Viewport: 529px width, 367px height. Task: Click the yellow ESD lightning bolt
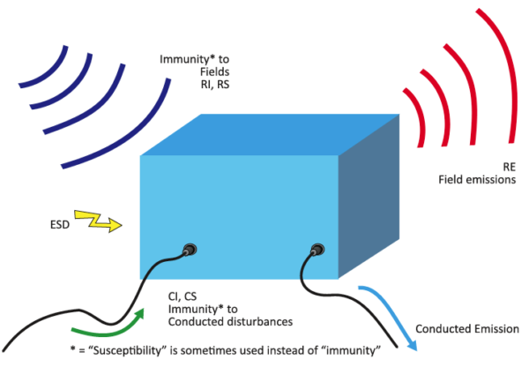(99, 226)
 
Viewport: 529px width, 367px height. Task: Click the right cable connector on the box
(315, 251)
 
